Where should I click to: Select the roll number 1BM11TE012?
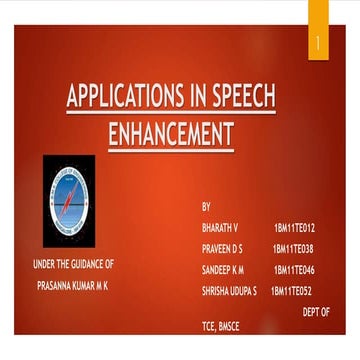coord(294,228)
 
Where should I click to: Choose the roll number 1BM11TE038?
coord(293,249)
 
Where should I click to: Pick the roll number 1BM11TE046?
coord(294,270)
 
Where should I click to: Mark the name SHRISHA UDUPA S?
coord(229,291)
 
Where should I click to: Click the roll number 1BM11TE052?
coord(292,291)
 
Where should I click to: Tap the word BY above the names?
coord(206,207)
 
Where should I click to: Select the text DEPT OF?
coord(316,312)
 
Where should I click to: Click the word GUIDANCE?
coord(77,264)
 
